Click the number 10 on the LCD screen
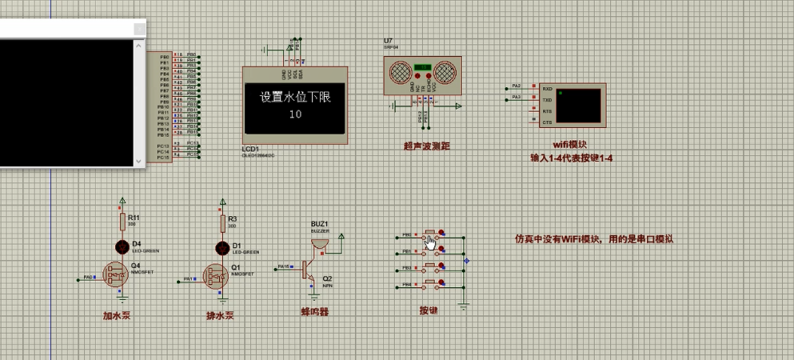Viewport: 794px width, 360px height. click(x=295, y=114)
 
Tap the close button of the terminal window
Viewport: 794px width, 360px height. click(x=139, y=29)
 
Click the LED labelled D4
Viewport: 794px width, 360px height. click(x=122, y=246)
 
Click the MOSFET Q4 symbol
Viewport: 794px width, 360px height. click(x=118, y=274)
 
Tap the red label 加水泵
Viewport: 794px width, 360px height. click(x=117, y=315)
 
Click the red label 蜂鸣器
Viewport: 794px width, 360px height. click(x=314, y=311)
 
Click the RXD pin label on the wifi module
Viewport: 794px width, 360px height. click(x=547, y=89)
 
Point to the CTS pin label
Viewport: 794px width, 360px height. click(x=547, y=122)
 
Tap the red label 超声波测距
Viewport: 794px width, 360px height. click(x=426, y=146)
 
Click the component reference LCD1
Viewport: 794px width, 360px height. click(x=251, y=150)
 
